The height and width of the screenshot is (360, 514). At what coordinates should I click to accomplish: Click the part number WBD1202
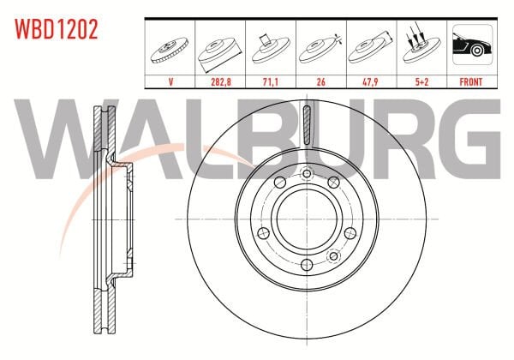tap(56, 29)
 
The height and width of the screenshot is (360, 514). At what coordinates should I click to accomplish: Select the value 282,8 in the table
tap(221, 81)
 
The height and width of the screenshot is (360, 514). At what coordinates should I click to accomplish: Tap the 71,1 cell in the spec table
tap(271, 81)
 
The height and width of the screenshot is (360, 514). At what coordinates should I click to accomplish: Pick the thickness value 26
tap(321, 81)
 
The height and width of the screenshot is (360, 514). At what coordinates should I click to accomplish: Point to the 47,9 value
tap(370, 81)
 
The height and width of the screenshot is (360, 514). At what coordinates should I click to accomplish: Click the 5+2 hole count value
tap(421, 81)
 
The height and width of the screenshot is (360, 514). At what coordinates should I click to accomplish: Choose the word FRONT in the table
tap(470, 81)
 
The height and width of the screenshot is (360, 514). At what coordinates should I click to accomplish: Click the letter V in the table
tap(170, 81)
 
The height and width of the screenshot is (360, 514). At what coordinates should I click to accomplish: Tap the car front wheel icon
tap(472, 45)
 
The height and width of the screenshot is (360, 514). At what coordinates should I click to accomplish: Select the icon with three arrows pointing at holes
tap(421, 44)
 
